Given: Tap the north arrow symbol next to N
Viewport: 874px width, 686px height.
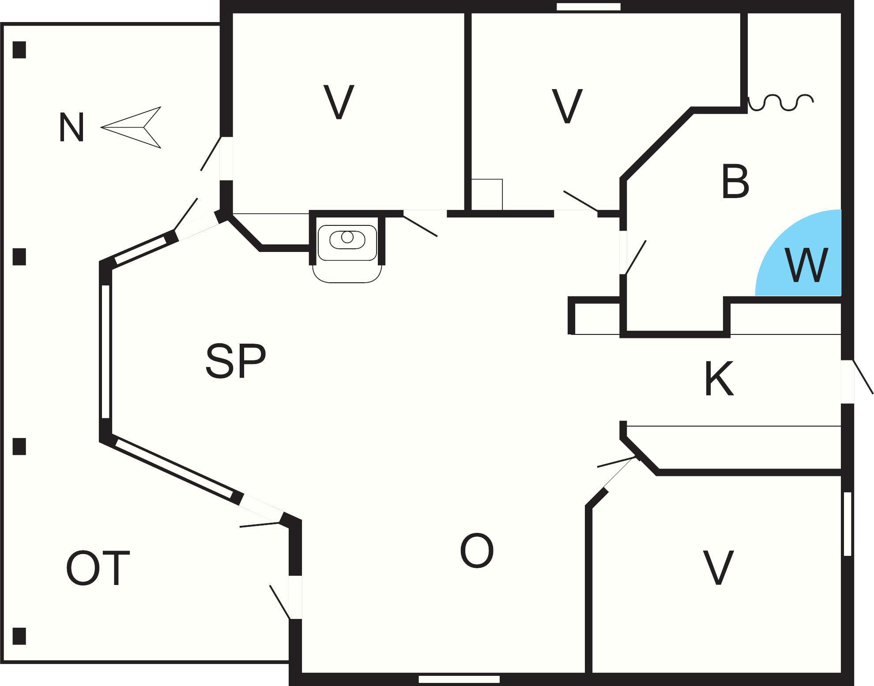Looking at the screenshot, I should tap(132, 127).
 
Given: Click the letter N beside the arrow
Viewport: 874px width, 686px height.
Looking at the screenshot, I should tap(72, 127).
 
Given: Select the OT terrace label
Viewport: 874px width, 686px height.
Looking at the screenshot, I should tap(98, 568).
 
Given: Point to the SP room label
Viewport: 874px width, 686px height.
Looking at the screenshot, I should tap(236, 362).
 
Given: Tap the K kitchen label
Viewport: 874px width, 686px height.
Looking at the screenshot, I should tap(719, 379).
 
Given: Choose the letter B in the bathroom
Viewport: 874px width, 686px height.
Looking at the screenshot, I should tap(735, 181).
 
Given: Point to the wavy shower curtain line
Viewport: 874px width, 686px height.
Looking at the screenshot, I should tap(780, 102).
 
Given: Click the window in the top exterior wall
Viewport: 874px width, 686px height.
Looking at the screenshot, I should tap(588, 7).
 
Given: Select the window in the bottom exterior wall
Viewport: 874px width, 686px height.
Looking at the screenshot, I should tap(459, 679).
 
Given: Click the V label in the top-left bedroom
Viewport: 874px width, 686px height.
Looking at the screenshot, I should tap(339, 102).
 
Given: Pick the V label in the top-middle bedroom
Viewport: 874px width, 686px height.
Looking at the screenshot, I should tap(567, 106).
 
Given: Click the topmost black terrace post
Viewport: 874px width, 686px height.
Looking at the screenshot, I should tap(19, 50).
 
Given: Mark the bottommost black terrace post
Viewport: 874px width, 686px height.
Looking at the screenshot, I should tap(19, 636).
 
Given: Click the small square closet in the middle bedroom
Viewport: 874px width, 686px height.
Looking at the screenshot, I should tap(487, 195).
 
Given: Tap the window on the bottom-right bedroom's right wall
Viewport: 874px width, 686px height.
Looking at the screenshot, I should tap(848, 524).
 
